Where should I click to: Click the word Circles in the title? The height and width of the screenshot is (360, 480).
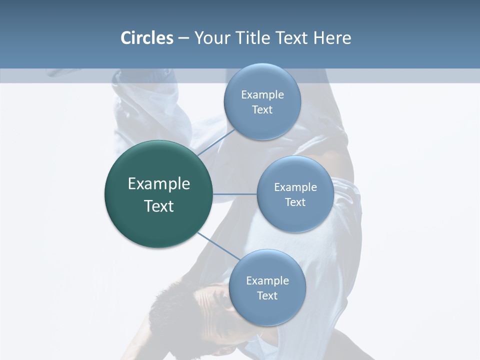(x=147, y=38)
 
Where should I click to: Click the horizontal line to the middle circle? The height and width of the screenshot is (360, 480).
(x=235, y=194)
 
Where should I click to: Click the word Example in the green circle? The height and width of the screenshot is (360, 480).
(x=159, y=184)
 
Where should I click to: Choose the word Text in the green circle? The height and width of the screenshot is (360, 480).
(x=159, y=206)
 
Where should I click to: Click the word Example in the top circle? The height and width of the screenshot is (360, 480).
(x=262, y=95)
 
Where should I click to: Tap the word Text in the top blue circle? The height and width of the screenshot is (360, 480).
(x=262, y=110)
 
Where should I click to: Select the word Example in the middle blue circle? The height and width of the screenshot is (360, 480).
(x=295, y=187)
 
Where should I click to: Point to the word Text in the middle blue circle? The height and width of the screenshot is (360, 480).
(x=295, y=202)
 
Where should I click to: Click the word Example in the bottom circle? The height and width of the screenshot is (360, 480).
(x=267, y=281)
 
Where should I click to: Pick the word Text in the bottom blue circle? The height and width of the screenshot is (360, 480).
(x=267, y=296)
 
